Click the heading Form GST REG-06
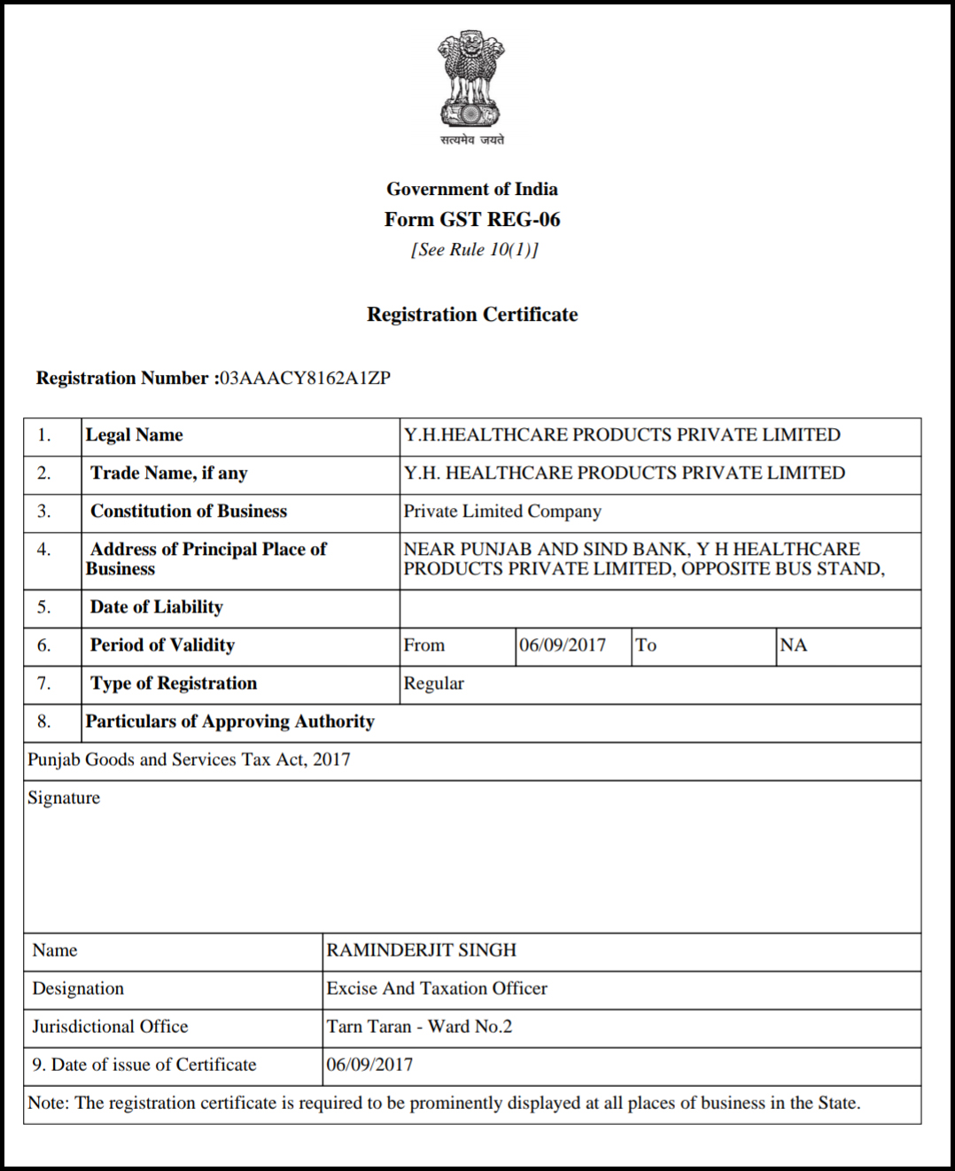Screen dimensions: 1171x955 [472, 219]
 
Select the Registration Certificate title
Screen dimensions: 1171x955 [472, 315]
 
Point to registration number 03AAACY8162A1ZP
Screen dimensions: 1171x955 [306, 379]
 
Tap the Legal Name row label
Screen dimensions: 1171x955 [135, 435]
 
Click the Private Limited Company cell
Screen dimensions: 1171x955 [502, 511]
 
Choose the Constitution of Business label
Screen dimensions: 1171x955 [189, 511]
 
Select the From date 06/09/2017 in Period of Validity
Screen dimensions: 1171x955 [563, 645]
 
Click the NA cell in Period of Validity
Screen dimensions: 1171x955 [793, 645]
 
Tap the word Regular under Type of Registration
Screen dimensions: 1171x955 [434, 683]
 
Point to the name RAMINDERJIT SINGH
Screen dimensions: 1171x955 [421, 950]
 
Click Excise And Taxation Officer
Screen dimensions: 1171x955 [437, 988]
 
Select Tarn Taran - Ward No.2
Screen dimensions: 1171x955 [419, 1027]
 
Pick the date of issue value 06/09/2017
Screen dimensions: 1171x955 [369, 1065]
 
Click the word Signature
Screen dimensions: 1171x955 [64, 798]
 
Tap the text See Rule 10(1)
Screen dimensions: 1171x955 [474, 250]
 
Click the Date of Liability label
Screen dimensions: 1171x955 [157, 607]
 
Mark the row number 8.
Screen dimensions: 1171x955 [43, 722]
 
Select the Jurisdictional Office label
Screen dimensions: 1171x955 [110, 1027]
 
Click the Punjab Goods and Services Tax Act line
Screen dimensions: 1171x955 [189, 760]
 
